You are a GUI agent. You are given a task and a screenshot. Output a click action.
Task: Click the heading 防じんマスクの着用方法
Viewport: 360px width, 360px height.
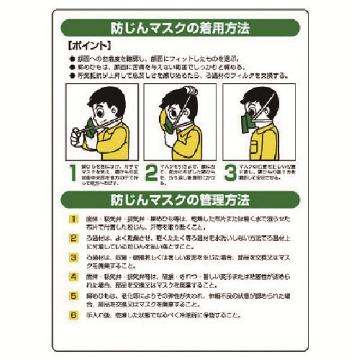[180, 28]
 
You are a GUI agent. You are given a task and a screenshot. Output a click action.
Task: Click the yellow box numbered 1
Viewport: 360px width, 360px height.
[73, 219]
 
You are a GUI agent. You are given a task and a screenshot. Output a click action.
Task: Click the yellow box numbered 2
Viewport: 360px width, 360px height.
[73, 238]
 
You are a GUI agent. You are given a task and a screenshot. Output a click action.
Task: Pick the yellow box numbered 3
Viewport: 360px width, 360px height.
[73, 257]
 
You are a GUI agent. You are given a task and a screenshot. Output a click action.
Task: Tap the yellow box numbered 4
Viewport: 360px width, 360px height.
[73, 277]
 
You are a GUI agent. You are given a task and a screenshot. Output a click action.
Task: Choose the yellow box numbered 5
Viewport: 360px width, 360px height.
[73, 296]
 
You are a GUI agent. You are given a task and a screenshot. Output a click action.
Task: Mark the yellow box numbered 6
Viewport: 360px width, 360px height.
[73, 315]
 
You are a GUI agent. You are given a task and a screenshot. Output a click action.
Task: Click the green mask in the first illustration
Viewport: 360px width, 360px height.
[91, 127]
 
